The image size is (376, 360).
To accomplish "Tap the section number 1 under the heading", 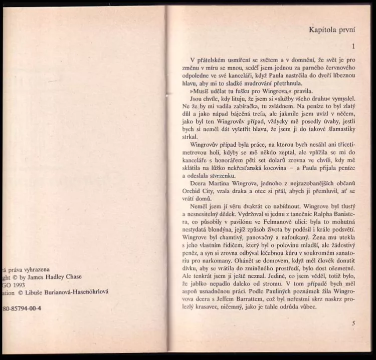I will point(353,46).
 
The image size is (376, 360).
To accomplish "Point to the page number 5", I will point(353,323).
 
